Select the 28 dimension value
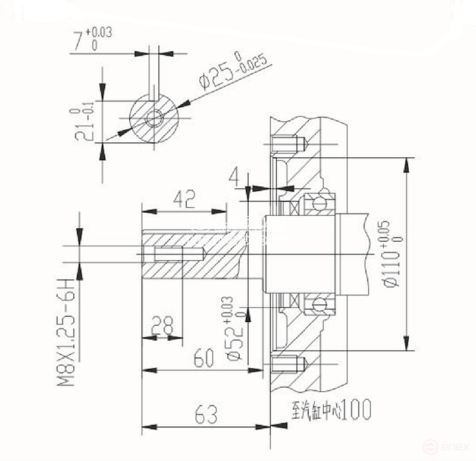coord(161,325)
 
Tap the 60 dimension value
coord(203,359)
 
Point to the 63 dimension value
coord(206,415)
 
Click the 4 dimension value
coord(235,177)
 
